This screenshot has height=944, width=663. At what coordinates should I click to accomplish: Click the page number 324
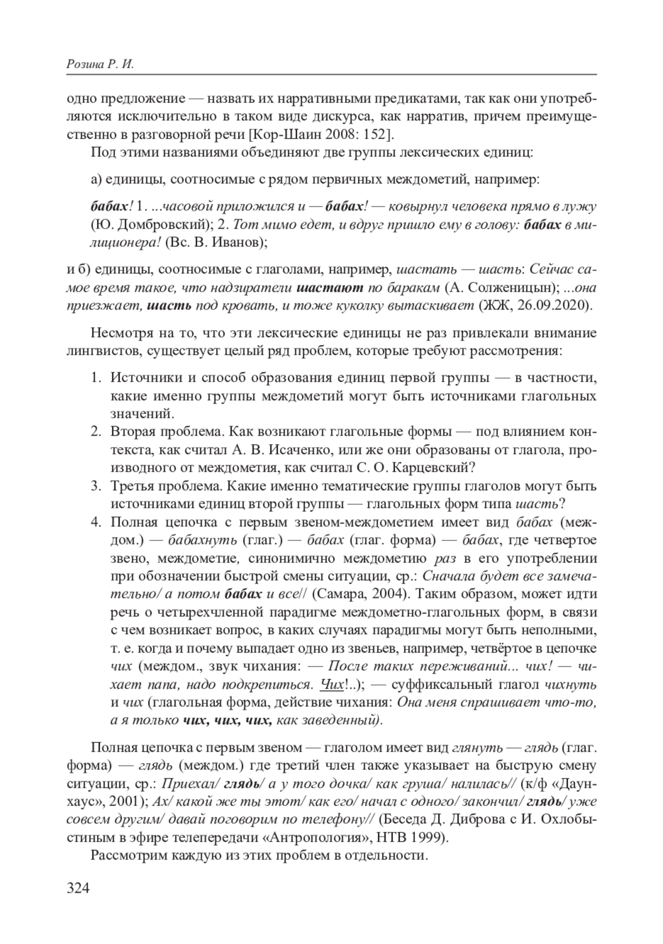click(x=78, y=888)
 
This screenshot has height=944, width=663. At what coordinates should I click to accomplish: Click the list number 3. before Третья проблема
click(x=97, y=486)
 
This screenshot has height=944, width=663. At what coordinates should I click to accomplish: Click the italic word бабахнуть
click(x=202, y=540)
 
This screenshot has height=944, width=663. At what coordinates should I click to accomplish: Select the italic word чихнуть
click(x=570, y=685)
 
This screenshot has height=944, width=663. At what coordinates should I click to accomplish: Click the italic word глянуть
click(x=477, y=748)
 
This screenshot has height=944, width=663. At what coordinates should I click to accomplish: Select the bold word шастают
click(x=330, y=288)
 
